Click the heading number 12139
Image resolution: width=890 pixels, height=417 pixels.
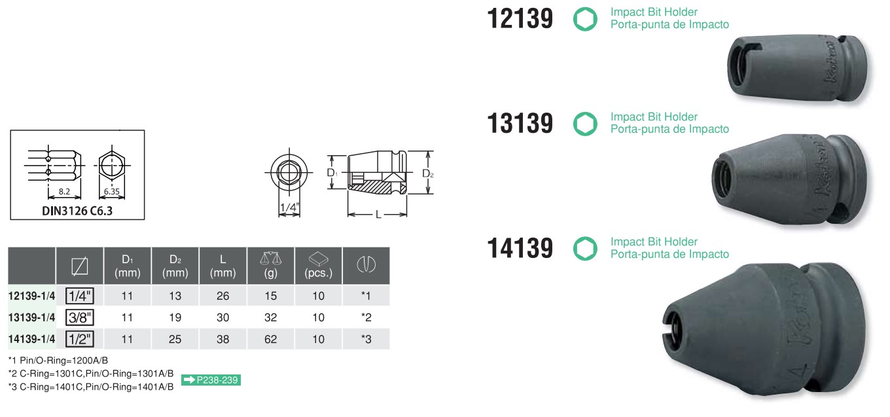[x=520, y=19]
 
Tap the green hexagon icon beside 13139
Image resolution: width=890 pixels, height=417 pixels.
[x=585, y=124]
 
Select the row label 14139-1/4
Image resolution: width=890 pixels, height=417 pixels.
[x=32, y=339]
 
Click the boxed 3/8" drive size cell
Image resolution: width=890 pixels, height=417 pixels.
[x=79, y=317]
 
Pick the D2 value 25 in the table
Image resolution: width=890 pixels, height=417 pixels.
[x=175, y=339]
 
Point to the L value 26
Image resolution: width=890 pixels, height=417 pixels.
[x=223, y=296]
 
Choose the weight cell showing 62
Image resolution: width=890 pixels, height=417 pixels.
[x=270, y=339]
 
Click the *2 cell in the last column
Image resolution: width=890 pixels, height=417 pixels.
[x=366, y=317]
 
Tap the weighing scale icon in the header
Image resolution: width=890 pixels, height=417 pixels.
[x=270, y=259]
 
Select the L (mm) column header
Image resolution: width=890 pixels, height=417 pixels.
[x=223, y=266]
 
